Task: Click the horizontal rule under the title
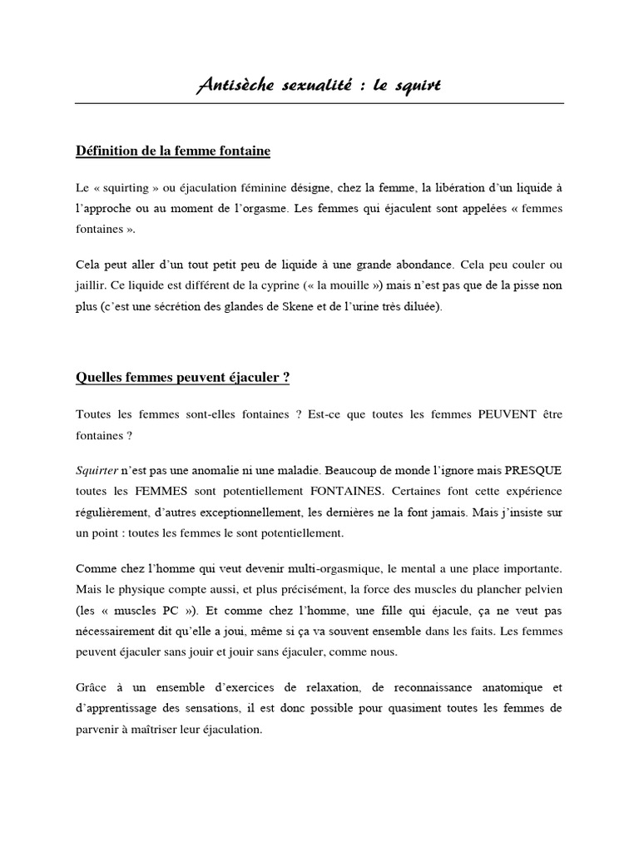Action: point(319,103)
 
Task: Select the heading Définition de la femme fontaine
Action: point(173,151)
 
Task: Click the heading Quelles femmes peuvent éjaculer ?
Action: point(182,377)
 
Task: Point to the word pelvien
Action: point(541,590)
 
